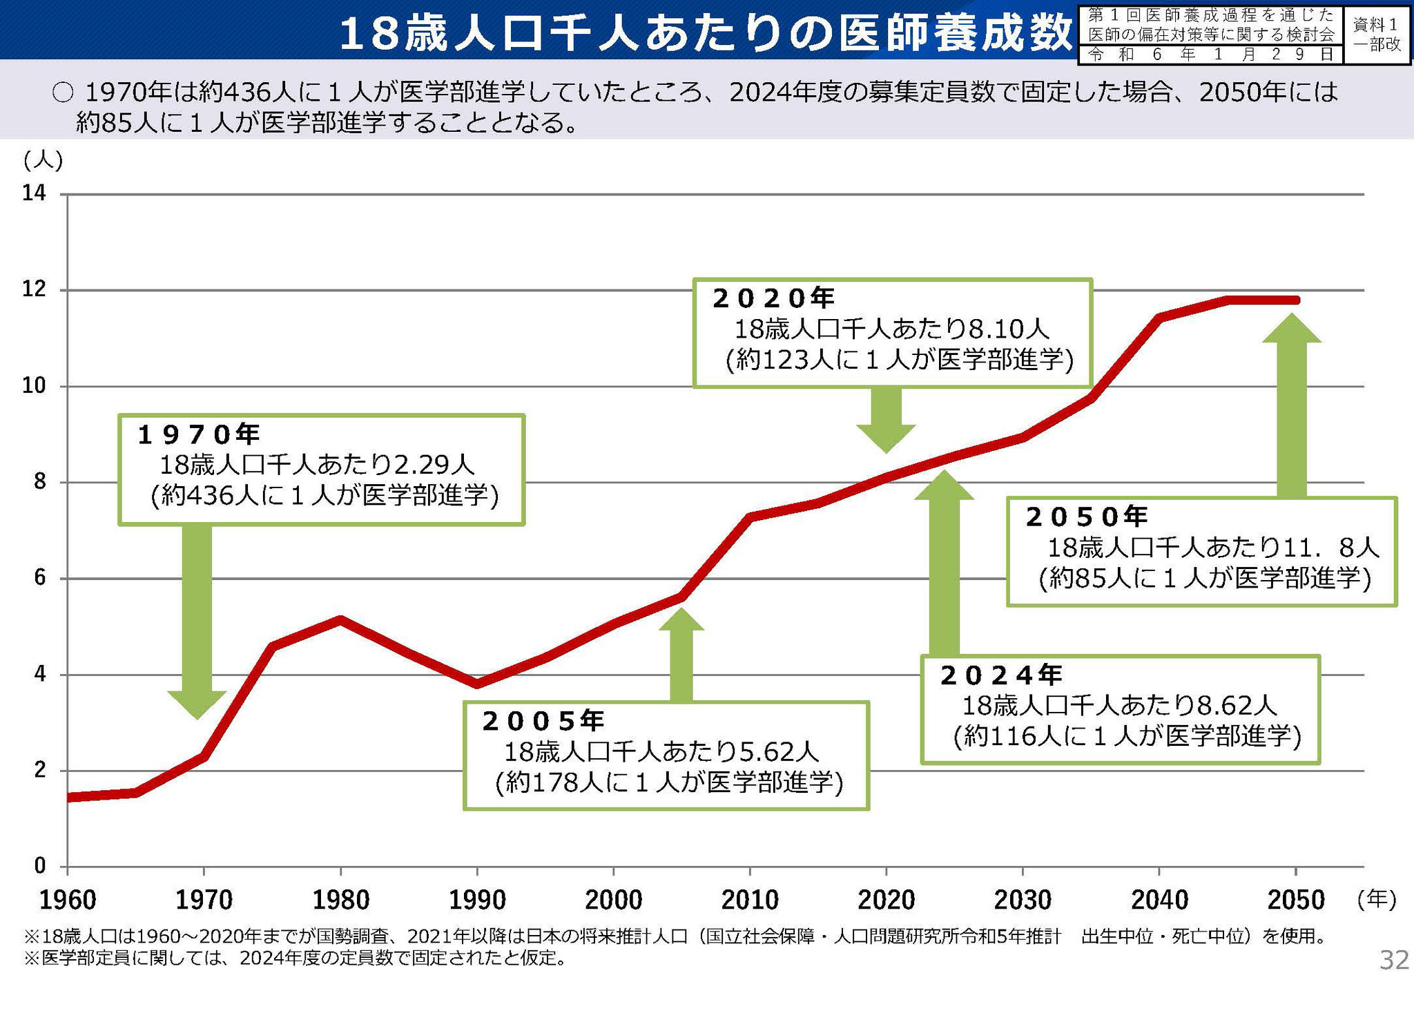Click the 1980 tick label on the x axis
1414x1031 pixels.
[x=340, y=900]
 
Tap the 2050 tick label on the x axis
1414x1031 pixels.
[x=1296, y=900]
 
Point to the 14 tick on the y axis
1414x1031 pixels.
[x=35, y=193]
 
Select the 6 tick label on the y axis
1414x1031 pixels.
[x=39, y=578]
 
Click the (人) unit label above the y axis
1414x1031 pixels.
[x=43, y=160]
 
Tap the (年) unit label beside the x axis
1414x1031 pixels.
[x=1376, y=898]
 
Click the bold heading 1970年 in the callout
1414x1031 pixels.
[x=199, y=434]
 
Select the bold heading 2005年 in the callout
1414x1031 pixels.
[x=543, y=721]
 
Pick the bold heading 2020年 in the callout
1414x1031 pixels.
[x=773, y=298]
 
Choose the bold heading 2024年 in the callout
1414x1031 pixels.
[x=1001, y=675]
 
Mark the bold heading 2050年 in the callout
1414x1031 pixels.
[x=1087, y=517]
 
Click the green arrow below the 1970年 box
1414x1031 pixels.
[x=197, y=622]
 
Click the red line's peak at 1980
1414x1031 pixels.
[x=340, y=619]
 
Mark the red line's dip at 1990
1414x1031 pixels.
[x=476, y=684]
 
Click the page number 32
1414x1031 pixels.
[x=1393, y=960]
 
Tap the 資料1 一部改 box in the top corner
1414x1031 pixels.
[x=1377, y=35]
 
